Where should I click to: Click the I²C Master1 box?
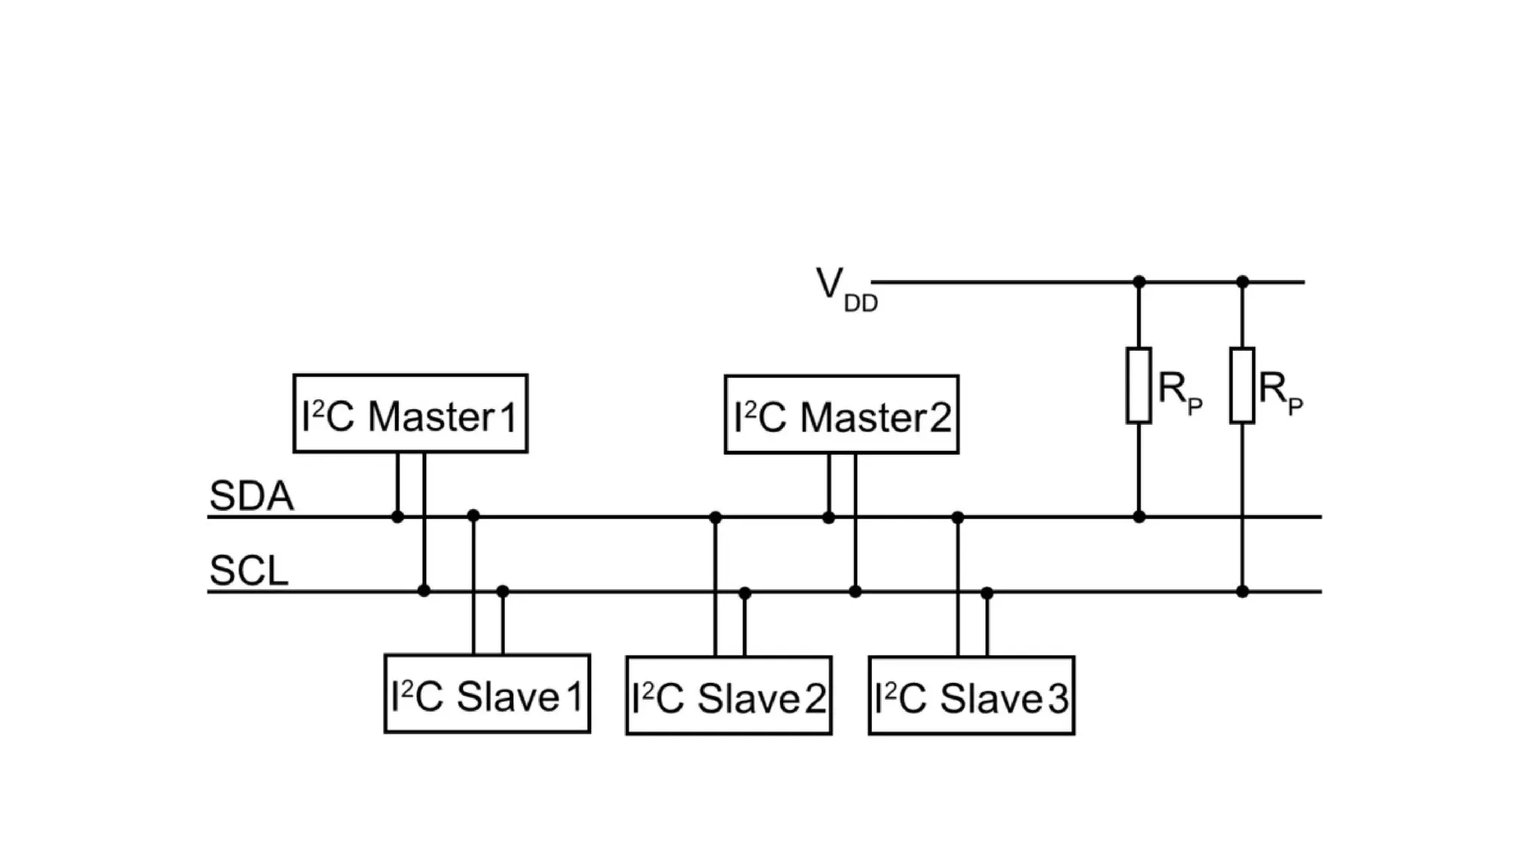(x=410, y=414)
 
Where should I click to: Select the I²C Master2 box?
(x=841, y=414)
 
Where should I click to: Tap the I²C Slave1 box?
(x=487, y=694)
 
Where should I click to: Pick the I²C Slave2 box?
(x=729, y=695)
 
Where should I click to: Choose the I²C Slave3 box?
(x=971, y=695)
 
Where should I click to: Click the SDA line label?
(x=251, y=496)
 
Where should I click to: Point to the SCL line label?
(x=249, y=571)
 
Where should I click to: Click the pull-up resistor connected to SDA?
(x=1139, y=385)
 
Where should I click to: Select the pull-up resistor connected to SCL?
(x=1242, y=385)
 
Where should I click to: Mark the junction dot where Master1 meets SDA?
(x=397, y=517)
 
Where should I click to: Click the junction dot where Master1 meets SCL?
(x=424, y=591)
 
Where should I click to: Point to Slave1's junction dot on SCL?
(x=502, y=591)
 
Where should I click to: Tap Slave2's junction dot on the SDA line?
(x=715, y=517)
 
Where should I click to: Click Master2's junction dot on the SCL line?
(x=855, y=591)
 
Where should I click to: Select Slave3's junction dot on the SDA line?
(x=958, y=517)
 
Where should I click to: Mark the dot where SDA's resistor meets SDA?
(x=1139, y=517)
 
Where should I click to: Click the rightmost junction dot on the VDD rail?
(x=1242, y=281)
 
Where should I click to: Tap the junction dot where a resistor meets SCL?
(x=1242, y=591)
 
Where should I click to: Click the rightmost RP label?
(x=1280, y=392)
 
